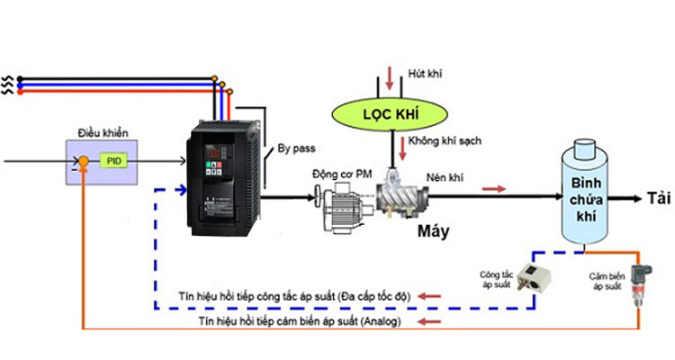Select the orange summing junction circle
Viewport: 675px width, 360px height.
click(82, 161)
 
